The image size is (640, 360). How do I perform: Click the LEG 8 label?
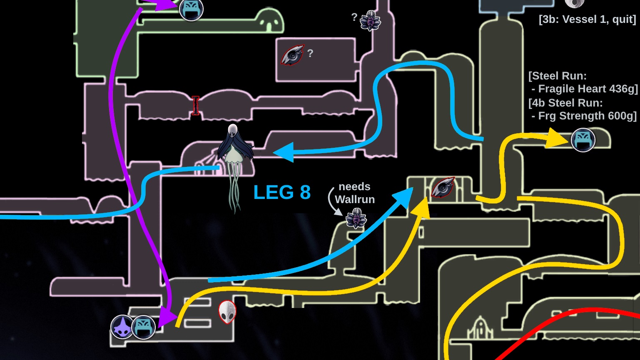[x=282, y=192]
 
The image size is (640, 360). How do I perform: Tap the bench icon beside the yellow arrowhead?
[x=583, y=140]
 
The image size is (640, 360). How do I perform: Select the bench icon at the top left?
[x=191, y=9]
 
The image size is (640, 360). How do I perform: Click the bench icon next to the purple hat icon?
[x=144, y=327]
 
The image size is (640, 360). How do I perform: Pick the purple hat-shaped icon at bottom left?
[x=122, y=327]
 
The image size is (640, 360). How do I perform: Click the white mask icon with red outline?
[x=227, y=312]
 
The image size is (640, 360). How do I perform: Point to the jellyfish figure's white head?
[x=233, y=131]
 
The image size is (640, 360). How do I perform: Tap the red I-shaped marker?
[x=195, y=106]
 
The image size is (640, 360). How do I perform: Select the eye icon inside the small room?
[x=443, y=187]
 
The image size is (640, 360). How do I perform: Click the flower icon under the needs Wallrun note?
[x=356, y=218]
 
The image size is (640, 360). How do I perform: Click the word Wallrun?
[x=355, y=199]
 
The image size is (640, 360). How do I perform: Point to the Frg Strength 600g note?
[x=587, y=116]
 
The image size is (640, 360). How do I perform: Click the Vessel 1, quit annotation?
[x=587, y=19]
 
